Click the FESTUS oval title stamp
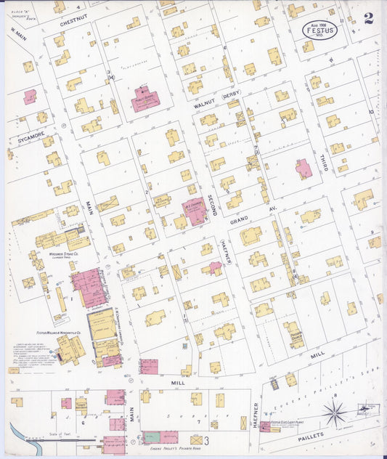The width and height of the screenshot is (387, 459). (x=319, y=31)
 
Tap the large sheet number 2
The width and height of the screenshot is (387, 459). (x=369, y=18)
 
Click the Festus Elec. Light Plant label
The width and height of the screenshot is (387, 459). (x=290, y=422)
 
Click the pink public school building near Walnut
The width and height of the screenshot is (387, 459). (x=146, y=101)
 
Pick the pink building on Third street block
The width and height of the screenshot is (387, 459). (x=304, y=169)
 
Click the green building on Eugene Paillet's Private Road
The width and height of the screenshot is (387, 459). (x=152, y=437)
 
